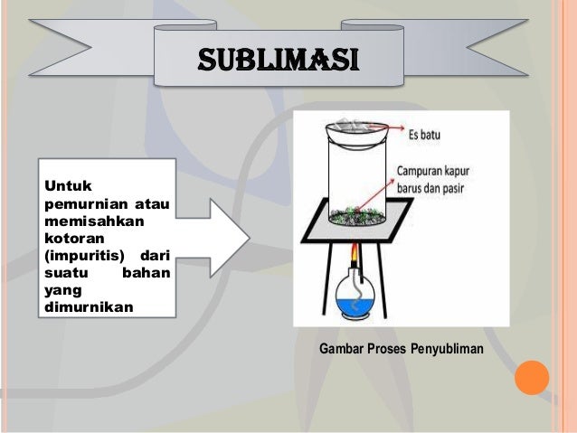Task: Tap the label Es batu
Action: point(430,136)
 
